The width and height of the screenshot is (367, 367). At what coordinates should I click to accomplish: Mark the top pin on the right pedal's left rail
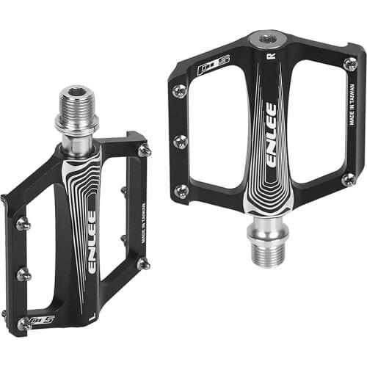point(178,90)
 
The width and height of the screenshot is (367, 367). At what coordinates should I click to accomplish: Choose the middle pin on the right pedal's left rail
point(180,141)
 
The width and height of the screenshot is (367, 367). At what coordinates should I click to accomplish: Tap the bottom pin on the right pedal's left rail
point(181,191)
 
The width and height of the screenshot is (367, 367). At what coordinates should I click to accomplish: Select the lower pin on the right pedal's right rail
point(349,178)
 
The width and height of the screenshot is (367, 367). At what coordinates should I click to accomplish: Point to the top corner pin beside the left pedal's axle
point(145,150)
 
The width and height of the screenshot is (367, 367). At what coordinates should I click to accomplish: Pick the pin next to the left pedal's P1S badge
point(23,322)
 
